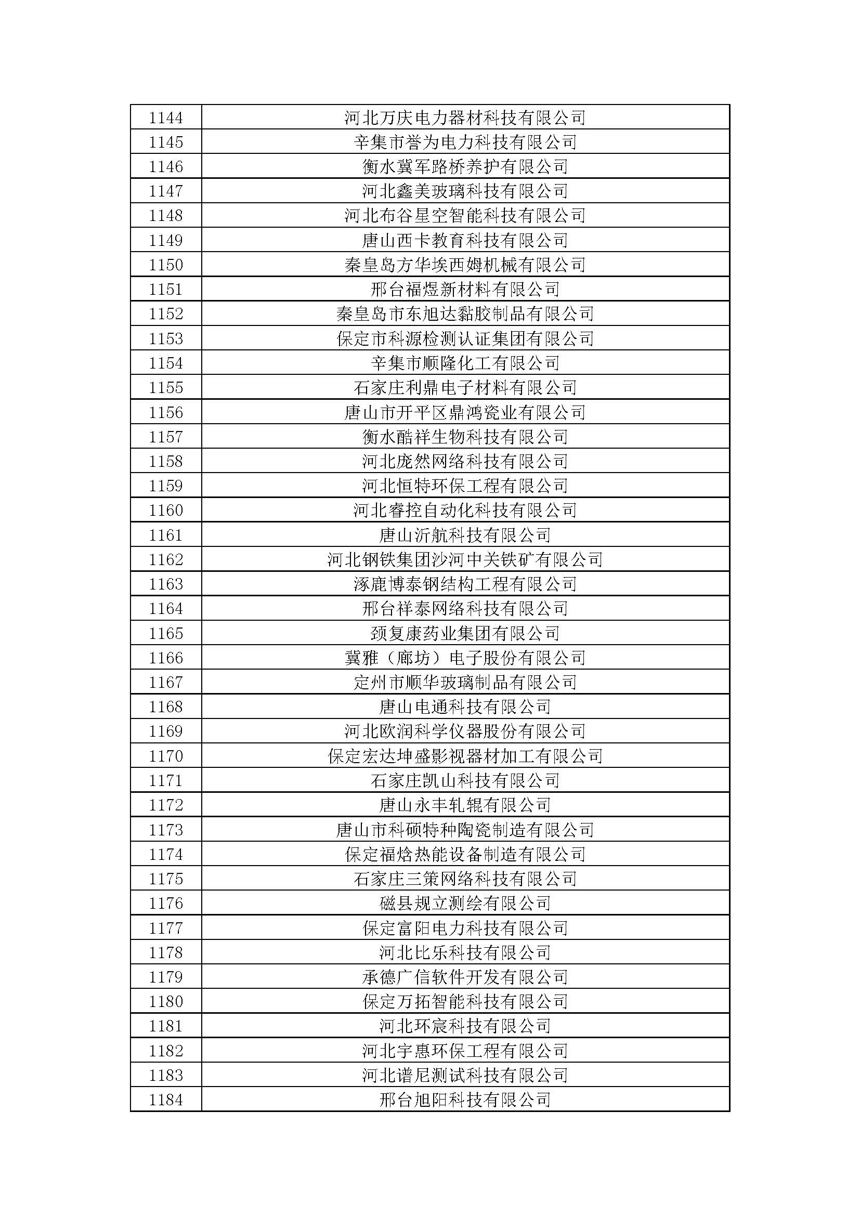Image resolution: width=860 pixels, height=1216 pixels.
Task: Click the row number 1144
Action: pyautogui.click(x=166, y=117)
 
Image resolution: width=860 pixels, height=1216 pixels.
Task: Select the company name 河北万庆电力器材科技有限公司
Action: pyautogui.click(x=465, y=117)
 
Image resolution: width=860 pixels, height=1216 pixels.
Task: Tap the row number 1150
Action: pyautogui.click(x=166, y=265)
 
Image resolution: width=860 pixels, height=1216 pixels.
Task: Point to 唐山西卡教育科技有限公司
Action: pyautogui.click(x=465, y=241)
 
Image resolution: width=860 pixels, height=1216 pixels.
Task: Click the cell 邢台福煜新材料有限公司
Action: pyautogui.click(x=465, y=289)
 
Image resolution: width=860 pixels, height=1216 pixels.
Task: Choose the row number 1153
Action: pyautogui.click(x=166, y=338)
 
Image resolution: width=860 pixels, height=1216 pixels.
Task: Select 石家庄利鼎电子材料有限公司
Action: pyautogui.click(x=465, y=388)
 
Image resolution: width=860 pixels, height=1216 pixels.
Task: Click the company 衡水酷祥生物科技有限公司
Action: pyautogui.click(x=465, y=437)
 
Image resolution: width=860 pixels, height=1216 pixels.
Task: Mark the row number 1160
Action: pyautogui.click(x=166, y=511)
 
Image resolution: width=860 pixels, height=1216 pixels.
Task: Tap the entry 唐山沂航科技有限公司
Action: pyautogui.click(x=465, y=535)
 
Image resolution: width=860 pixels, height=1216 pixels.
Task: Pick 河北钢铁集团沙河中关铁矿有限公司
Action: pyautogui.click(x=465, y=559)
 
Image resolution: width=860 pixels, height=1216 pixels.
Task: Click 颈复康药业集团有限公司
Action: pyautogui.click(x=465, y=633)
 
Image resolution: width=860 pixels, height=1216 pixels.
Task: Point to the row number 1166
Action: pyautogui.click(x=166, y=658)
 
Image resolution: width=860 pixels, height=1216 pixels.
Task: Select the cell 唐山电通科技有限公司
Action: pyautogui.click(x=465, y=707)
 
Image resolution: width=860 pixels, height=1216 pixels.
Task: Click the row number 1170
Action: pyautogui.click(x=166, y=756)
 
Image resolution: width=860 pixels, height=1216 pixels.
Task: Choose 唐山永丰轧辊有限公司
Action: pyautogui.click(x=465, y=805)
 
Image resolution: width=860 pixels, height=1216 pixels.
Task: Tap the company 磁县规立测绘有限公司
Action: pyautogui.click(x=465, y=903)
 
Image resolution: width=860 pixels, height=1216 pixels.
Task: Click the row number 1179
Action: pyautogui.click(x=166, y=977)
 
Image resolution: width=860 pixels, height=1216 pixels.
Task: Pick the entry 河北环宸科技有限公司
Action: pyautogui.click(x=465, y=1026)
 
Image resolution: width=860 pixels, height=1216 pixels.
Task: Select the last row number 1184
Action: pyautogui.click(x=166, y=1100)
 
